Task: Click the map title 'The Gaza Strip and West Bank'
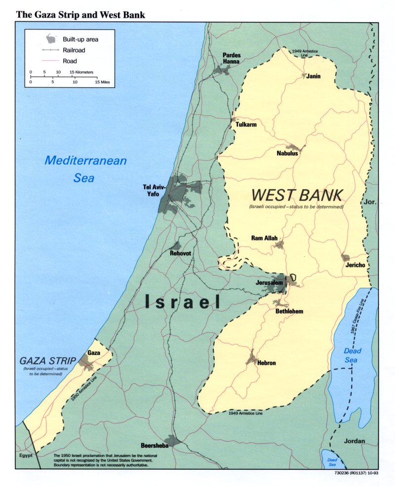pyautogui.click(x=80, y=14)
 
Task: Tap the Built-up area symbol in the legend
pyautogui.click(x=51, y=38)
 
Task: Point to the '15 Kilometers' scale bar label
pyautogui.click(x=80, y=72)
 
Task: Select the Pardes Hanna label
pyautogui.click(x=231, y=58)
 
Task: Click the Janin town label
pyautogui.click(x=313, y=76)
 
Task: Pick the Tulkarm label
pyautogui.click(x=246, y=125)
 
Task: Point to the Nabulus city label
pyautogui.click(x=287, y=153)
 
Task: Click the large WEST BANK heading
pyautogui.click(x=297, y=195)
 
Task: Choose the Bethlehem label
pyautogui.click(x=289, y=312)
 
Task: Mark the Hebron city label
pyautogui.click(x=266, y=363)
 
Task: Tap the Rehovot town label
pyautogui.click(x=180, y=253)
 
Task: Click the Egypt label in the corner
pyautogui.click(x=26, y=455)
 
